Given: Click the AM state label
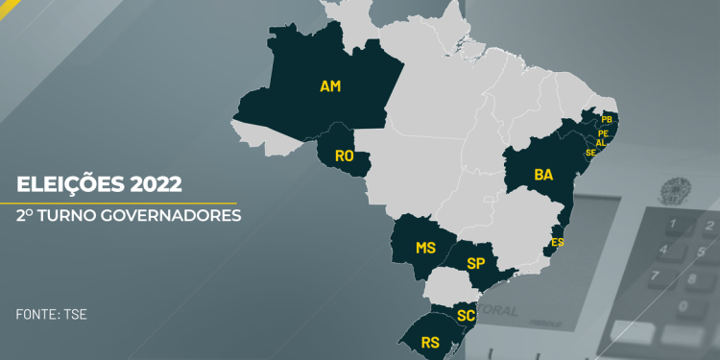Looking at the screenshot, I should point(330,86).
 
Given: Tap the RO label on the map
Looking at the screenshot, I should point(345,156).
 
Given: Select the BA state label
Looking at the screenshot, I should point(543,175).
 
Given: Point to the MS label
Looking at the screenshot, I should point(425,248).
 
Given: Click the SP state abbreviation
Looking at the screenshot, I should point(476,263).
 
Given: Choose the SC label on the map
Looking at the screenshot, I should point(467,316).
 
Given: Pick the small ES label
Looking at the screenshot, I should point(559,243).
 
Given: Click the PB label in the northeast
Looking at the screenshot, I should point(606,119).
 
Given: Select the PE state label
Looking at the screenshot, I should point(603,133).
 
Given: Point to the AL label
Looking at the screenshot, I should point(600,143).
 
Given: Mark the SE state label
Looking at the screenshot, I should point(590,153).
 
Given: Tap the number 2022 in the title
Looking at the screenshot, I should point(155,182).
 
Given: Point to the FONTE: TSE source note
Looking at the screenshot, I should point(52,314).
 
